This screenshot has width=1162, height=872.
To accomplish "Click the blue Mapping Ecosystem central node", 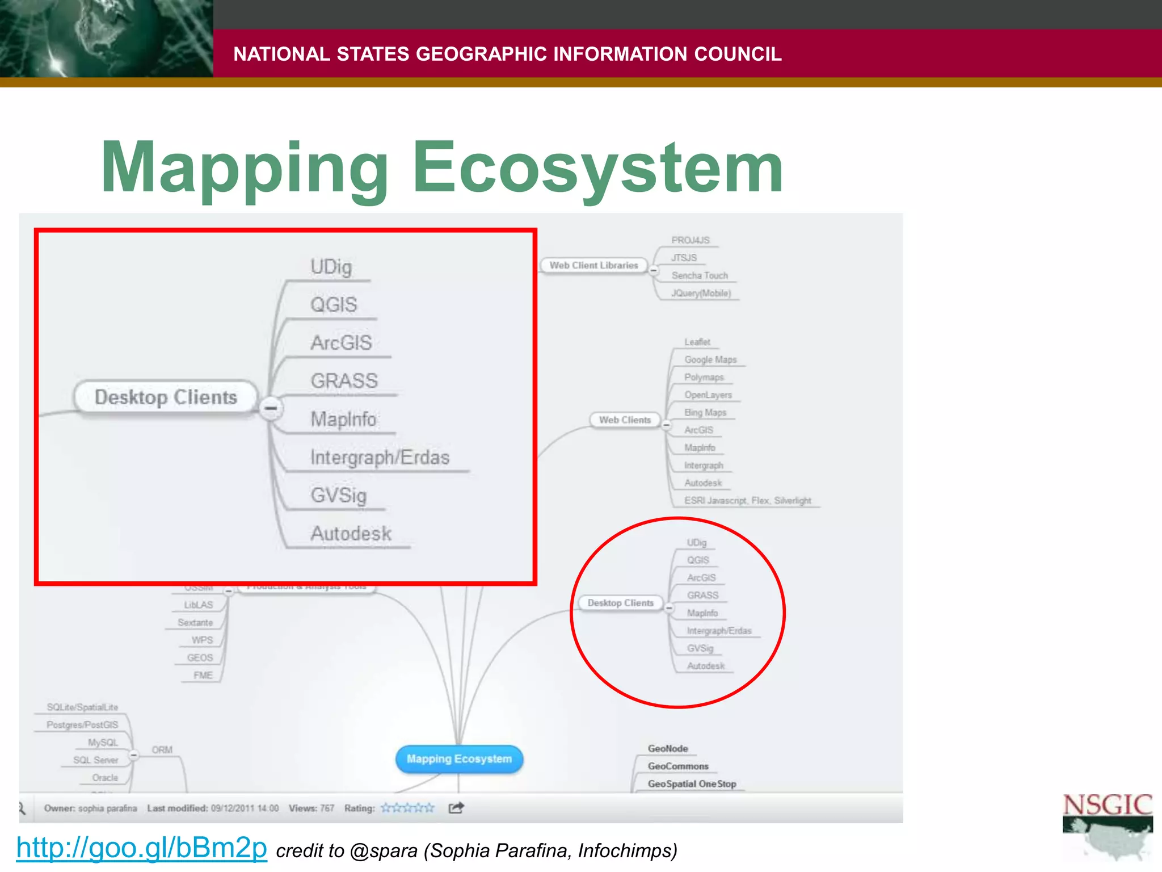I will coord(459,759).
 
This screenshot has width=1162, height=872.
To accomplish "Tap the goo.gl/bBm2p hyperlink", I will coord(141,848).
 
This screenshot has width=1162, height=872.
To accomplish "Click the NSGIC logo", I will coord(1107,826).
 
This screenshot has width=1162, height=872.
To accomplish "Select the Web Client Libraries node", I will coord(593,265).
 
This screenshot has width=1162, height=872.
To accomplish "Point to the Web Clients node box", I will coord(625,420).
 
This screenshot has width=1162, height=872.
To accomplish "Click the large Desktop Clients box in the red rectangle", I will coord(166,397).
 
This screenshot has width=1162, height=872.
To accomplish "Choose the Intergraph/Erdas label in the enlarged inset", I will coord(380,458).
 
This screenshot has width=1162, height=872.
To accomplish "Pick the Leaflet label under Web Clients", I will coord(697,342).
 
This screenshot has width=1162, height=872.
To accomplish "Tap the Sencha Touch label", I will coord(700,275).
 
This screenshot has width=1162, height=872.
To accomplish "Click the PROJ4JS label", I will coord(690,240).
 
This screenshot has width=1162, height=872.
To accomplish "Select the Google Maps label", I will coord(710,359).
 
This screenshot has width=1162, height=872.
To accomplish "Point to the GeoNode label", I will coord(668,749).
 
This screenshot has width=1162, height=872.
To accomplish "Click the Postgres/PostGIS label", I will coord(82,725).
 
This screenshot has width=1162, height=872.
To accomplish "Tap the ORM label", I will coord(162,750).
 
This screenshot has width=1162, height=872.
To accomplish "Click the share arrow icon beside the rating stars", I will coord(456,808).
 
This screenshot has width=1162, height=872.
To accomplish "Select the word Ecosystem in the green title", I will coord(598,168).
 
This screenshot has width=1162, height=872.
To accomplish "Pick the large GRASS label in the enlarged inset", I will coord(344,381).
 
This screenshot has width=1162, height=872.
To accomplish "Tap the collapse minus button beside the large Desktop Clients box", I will coord(271,408).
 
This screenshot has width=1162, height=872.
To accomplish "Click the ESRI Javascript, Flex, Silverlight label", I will coord(747,500).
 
